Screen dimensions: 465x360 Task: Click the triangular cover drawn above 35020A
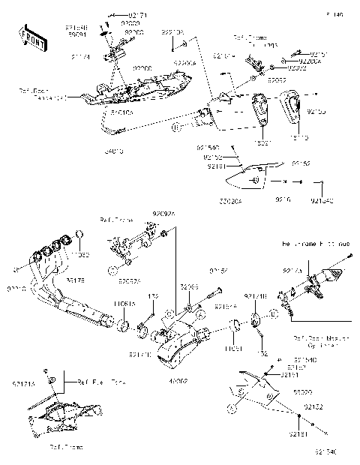point(255,176)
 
